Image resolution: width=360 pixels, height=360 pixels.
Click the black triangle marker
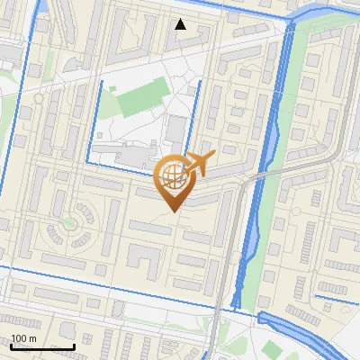pyautogui.click(x=181, y=24)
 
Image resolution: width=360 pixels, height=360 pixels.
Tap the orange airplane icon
pyautogui.click(x=198, y=163)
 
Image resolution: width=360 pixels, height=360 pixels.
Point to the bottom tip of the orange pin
pyautogui.click(x=173, y=211)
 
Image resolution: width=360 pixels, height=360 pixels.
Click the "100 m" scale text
pyautogui.click(x=23, y=337)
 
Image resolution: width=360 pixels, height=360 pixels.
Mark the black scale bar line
pyautogui.click(x=42, y=346)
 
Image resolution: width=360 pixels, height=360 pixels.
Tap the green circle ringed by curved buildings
pyautogui.click(x=68, y=220)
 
